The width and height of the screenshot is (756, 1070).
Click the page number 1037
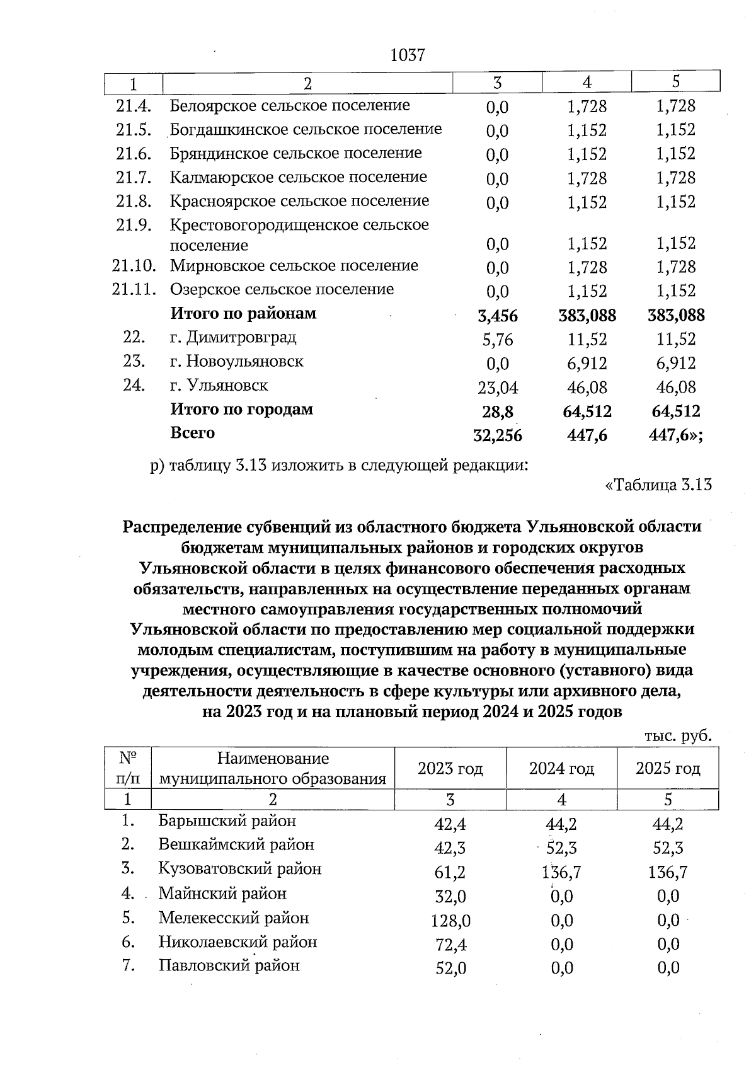(x=408, y=55)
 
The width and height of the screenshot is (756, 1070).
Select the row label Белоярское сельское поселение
(x=290, y=105)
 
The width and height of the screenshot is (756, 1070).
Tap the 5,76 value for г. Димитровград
(x=498, y=340)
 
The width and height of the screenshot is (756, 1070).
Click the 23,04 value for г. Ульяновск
(x=498, y=388)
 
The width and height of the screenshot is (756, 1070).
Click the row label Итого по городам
(x=241, y=410)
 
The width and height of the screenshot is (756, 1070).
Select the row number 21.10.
(x=134, y=266)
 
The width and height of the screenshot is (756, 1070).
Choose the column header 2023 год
(x=450, y=768)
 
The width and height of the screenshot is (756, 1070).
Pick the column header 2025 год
(x=668, y=768)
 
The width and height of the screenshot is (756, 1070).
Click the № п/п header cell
(x=127, y=768)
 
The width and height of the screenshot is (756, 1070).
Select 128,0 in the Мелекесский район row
(x=450, y=921)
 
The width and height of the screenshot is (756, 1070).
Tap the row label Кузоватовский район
(x=239, y=869)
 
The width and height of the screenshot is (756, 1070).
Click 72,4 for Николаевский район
(x=450, y=945)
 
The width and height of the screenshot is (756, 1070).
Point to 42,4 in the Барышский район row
(x=450, y=824)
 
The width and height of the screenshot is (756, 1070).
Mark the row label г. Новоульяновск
(x=236, y=362)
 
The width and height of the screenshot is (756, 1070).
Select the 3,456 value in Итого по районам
(x=498, y=316)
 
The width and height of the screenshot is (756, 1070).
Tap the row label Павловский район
(x=229, y=965)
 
